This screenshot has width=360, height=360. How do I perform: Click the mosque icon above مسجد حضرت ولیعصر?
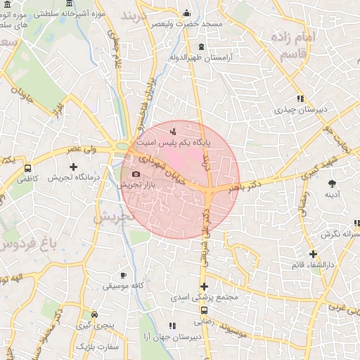point(186,13)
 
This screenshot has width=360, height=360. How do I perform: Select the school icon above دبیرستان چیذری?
point(300,98)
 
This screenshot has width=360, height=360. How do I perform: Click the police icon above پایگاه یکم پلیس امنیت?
point(174,130)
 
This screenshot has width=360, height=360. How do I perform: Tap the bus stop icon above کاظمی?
point(27,169)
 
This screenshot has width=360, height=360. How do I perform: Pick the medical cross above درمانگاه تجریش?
point(73,167)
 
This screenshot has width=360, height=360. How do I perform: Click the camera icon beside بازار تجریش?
point(136,174)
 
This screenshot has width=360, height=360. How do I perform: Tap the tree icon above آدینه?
point(331,184)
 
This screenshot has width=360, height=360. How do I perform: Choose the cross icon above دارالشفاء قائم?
point(313,254)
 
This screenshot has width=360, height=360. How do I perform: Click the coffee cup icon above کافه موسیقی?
point(124,275)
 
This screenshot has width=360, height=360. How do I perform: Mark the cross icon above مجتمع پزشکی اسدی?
point(204,286)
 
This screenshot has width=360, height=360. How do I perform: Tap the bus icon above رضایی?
point(204,310)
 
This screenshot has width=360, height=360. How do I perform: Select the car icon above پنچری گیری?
point(95,315)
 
